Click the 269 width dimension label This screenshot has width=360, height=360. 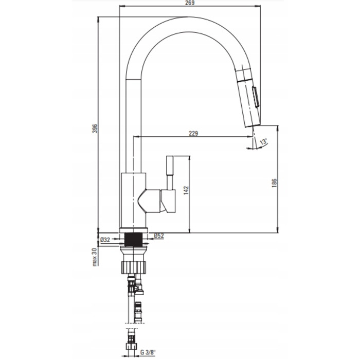[190, 3]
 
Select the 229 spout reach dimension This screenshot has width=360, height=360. [193, 133]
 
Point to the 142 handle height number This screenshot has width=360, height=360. [186, 191]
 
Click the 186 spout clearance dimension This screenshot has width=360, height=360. [274, 183]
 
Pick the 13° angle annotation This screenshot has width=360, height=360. [264, 141]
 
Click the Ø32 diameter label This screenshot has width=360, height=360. [105, 240]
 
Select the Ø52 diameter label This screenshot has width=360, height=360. [159, 236]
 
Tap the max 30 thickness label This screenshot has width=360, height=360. [95, 257]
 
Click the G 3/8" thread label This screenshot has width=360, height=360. [148, 352]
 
